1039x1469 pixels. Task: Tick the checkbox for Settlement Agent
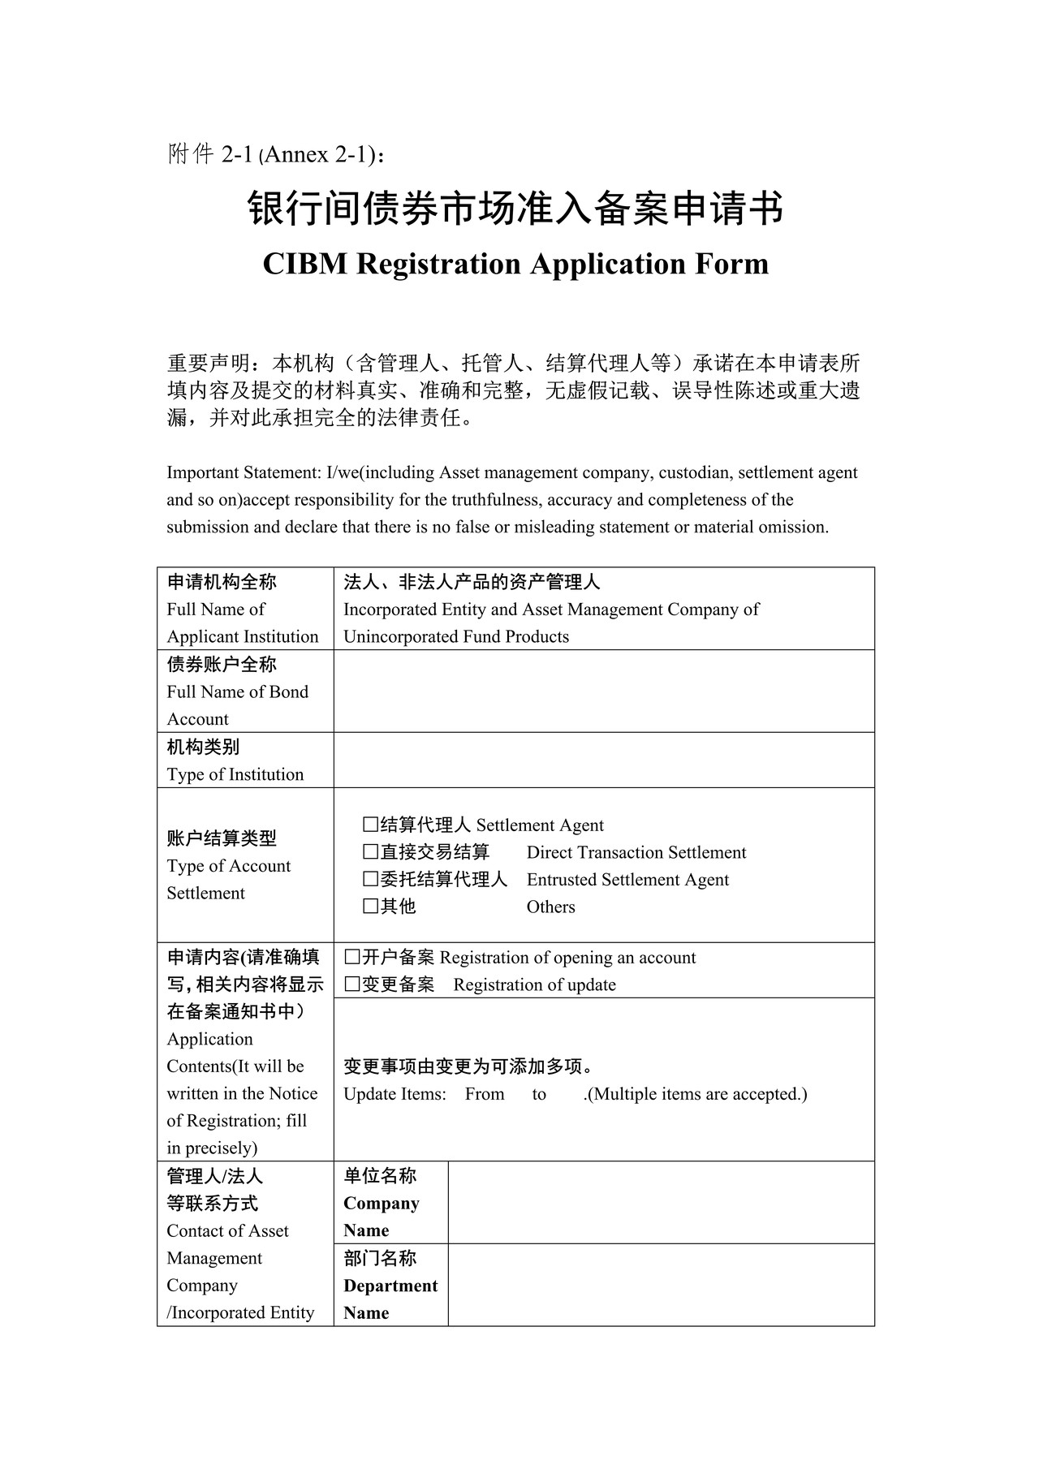[x=370, y=825]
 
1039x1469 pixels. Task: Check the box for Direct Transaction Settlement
[x=370, y=852]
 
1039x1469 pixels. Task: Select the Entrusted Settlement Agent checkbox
[x=370, y=880]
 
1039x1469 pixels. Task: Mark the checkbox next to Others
[x=370, y=907]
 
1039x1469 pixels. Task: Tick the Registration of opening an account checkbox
[x=352, y=958]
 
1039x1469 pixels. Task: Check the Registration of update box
[x=352, y=984]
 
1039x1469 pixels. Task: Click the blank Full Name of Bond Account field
[x=603, y=691]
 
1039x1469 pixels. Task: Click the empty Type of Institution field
[x=603, y=760]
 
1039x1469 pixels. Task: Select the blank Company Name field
[x=661, y=1202]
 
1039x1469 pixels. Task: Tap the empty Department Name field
[x=661, y=1285]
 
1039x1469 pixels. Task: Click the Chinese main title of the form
[x=515, y=209]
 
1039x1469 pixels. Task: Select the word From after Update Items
[x=485, y=1094]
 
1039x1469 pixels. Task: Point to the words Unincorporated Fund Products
[x=456, y=636]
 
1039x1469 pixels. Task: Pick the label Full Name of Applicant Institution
[x=242, y=622]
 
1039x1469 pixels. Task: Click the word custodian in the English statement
[x=693, y=472]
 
